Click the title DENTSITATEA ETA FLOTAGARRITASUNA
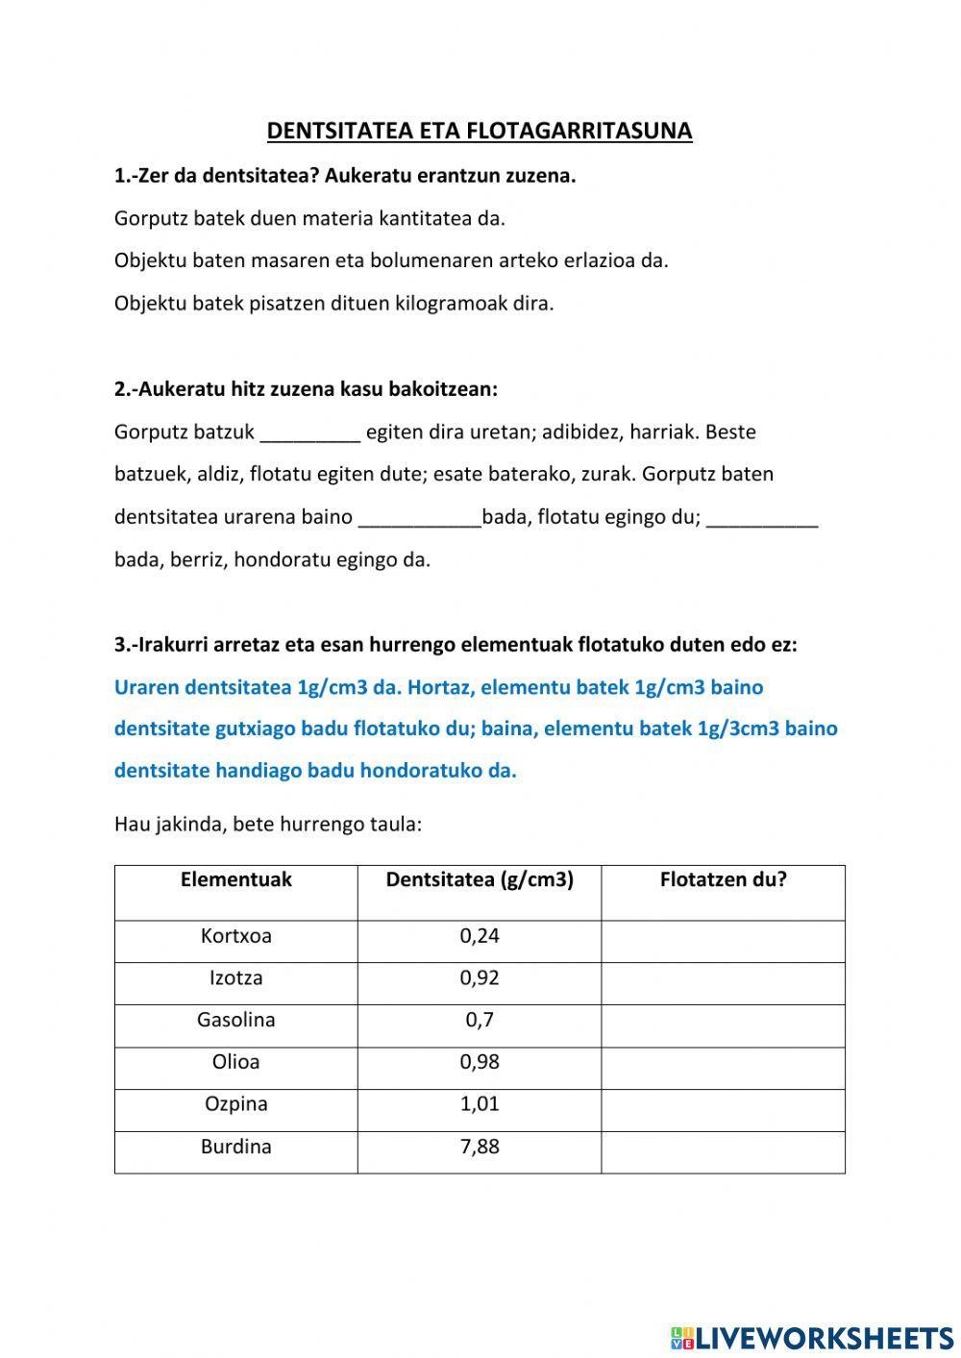(479, 131)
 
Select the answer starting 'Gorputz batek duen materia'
(309, 218)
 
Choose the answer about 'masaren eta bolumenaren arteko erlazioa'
(391, 260)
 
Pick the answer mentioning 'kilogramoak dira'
(333, 304)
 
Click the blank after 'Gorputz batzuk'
(310, 432)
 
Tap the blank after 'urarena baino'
(419, 517)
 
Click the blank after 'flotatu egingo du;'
(761, 517)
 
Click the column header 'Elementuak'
(235, 879)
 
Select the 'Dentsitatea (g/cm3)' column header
(479, 879)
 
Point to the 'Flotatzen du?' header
(723, 879)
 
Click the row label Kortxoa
(235, 936)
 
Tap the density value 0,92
(480, 978)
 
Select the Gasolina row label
(235, 1020)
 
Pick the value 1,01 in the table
(480, 1104)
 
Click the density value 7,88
(480, 1147)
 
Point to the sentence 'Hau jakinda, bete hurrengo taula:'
(268, 825)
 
